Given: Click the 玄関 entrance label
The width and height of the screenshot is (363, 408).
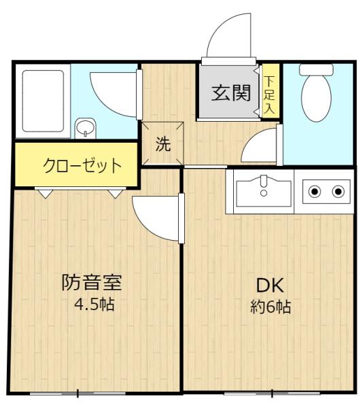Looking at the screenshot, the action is pos(231,93).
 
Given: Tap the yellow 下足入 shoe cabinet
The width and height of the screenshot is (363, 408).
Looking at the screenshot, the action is pos(271,91).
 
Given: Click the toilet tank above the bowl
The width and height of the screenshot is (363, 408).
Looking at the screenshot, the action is pos(316,70).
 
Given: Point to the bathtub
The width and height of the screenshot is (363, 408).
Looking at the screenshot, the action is pos(43,101).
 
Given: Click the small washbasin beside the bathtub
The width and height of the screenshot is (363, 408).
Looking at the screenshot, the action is pos(86,128).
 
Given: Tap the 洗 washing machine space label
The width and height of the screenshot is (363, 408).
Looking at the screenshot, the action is pos(163,144).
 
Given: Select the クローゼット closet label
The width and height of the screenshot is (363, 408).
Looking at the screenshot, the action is pos(82,165).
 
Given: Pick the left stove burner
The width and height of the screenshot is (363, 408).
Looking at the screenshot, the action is pos(315,192).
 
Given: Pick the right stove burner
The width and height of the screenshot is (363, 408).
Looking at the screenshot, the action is pos(338,192).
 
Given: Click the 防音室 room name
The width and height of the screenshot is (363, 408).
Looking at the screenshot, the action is pos(92,283).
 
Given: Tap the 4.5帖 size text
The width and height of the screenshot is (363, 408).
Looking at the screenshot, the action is pos(94,305).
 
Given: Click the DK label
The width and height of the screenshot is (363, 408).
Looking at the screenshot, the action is pos(270,286).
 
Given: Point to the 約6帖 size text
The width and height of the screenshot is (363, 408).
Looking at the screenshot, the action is pos(271,307).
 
